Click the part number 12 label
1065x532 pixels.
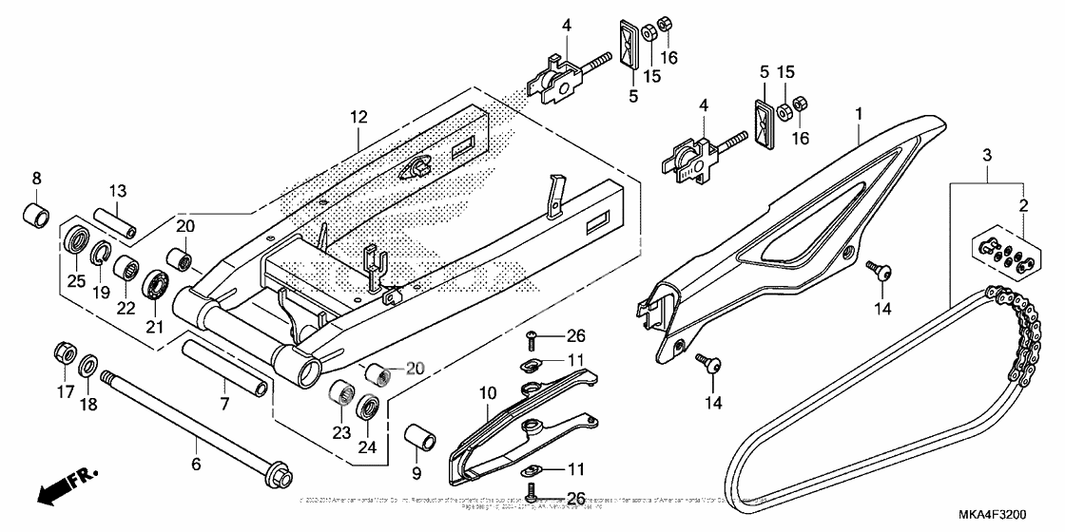click(x=358, y=118)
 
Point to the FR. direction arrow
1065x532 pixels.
click(x=63, y=488)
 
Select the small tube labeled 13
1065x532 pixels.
click(x=114, y=221)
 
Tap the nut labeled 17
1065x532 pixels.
click(x=63, y=352)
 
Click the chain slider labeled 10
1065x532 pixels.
click(x=513, y=423)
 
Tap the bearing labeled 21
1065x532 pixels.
click(x=157, y=284)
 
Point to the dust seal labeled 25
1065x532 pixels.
click(x=76, y=238)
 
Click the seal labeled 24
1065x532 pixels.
click(x=368, y=409)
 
